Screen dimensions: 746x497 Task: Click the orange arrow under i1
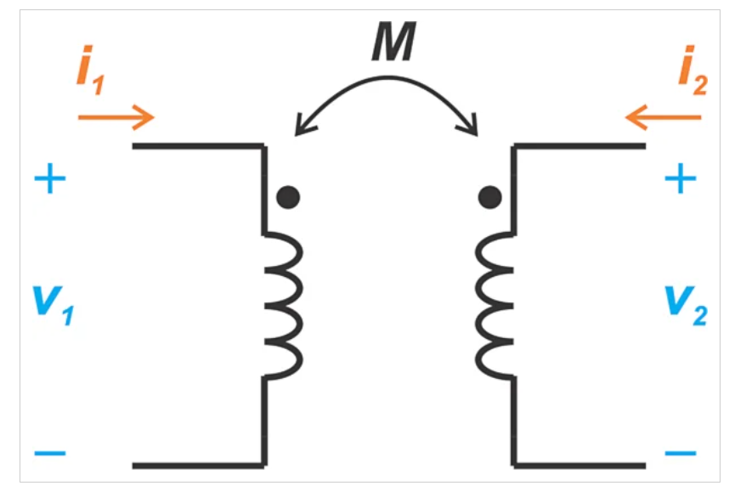point(116,116)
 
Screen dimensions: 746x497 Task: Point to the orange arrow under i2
point(663,116)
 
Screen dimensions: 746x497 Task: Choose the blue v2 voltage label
point(687,304)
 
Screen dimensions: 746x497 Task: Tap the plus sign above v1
point(49,179)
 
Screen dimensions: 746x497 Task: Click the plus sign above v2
point(680,179)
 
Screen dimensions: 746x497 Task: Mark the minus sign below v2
point(680,452)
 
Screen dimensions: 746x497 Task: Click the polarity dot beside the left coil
point(289,197)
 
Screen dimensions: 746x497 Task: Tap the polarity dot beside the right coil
point(489,197)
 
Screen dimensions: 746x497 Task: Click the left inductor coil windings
point(284,306)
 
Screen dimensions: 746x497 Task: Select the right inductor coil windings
point(495,306)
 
